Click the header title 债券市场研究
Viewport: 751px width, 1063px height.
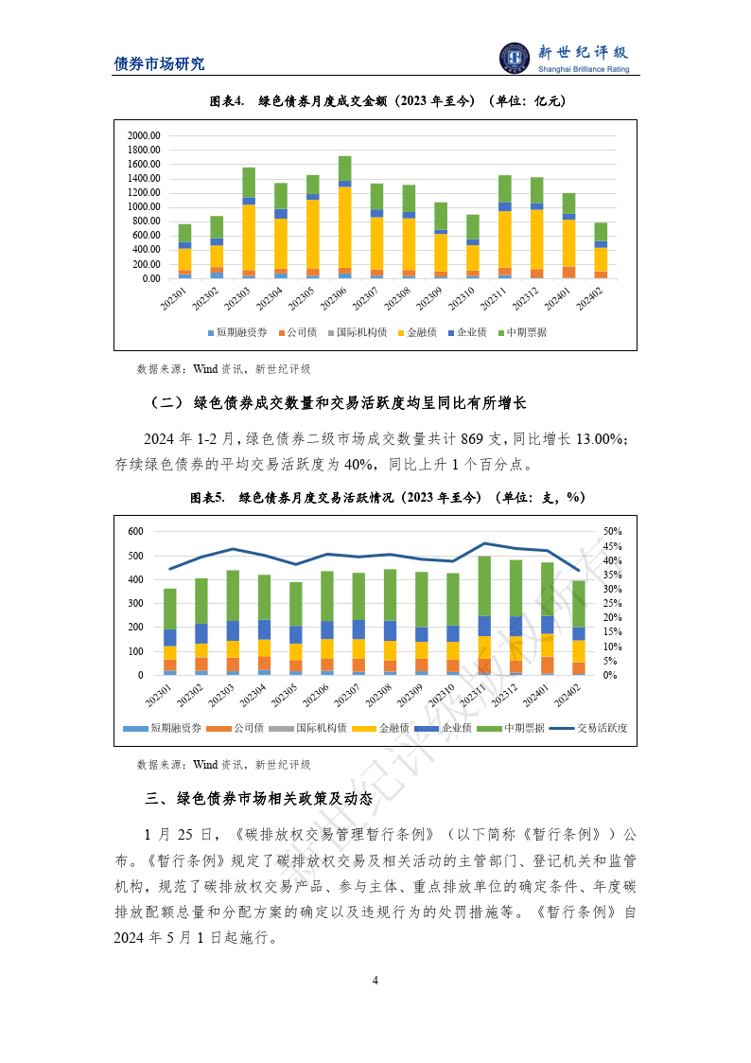(159, 64)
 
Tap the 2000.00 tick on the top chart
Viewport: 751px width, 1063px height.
(144, 134)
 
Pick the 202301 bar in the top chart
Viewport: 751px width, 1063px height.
(185, 251)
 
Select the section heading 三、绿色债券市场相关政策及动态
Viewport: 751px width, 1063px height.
(259, 798)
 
